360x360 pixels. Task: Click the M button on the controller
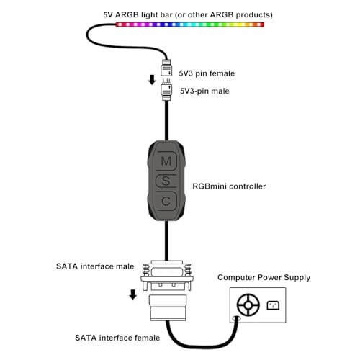pyautogui.click(x=166, y=160)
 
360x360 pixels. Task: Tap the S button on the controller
pyautogui.click(x=166, y=179)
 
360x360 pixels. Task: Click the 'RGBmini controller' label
pyautogui.click(x=229, y=186)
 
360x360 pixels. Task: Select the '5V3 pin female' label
pyautogui.click(x=207, y=73)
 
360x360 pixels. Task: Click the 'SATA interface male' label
pyautogui.click(x=94, y=266)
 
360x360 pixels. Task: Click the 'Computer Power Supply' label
pyautogui.click(x=264, y=277)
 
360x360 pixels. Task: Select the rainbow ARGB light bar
pyautogui.click(x=190, y=24)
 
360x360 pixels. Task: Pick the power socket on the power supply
pyautogui.click(x=273, y=305)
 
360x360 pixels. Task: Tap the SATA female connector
pyautogui.click(x=167, y=308)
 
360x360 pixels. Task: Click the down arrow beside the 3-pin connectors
pyautogui.click(x=152, y=80)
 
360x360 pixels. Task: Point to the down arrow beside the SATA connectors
pyautogui.click(x=132, y=294)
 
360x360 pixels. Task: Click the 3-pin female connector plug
pyautogui.click(x=166, y=71)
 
